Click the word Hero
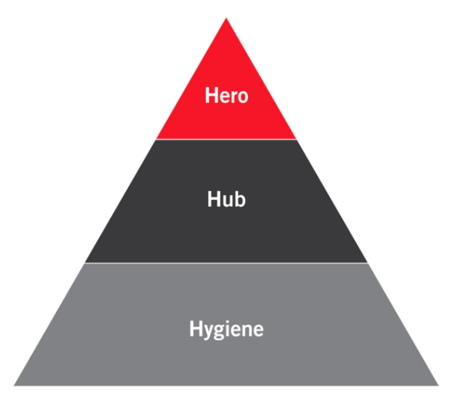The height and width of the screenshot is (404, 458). click(226, 96)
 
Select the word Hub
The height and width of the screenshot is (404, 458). click(226, 199)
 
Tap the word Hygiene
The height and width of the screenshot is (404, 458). click(226, 329)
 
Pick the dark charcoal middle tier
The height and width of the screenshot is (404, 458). click(226, 229)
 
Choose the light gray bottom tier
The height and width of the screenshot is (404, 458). click(226, 356)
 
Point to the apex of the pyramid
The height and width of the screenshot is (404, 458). click(226, 19)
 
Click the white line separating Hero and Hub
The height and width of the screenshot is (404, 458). click(226, 139)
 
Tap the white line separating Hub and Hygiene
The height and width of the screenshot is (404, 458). click(226, 262)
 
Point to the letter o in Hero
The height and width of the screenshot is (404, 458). click(242, 97)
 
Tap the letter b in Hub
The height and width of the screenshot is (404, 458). click(240, 199)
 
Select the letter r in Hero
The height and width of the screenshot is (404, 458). click(233, 97)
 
